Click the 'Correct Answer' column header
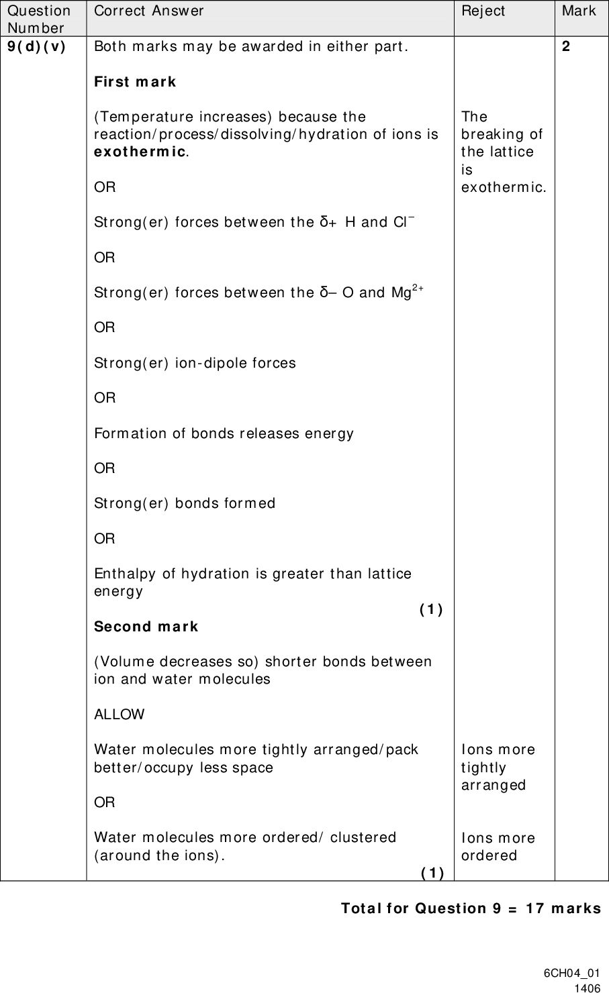tap(149, 11)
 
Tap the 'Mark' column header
tap(579, 11)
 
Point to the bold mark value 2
tap(567, 47)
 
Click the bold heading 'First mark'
tap(135, 82)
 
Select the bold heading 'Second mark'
tap(146, 626)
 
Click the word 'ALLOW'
tap(119, 714)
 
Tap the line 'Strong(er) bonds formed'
tap(185, 503)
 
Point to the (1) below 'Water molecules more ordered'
tap(432, 872)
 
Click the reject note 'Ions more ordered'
tap(498, 847)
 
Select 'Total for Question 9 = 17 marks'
tap(471, 908)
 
